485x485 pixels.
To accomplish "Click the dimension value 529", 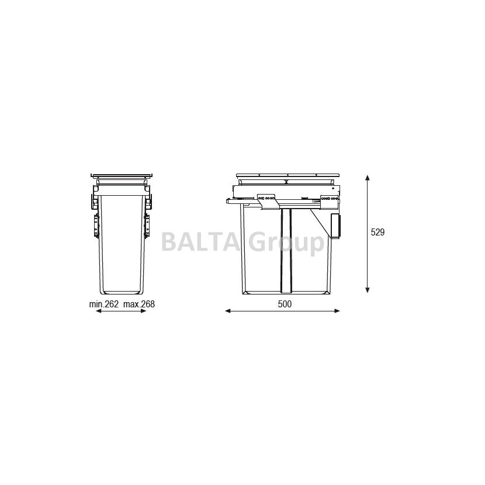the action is point(377,232).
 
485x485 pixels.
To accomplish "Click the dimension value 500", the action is point(285,304).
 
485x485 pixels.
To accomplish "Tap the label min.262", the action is point(104,304).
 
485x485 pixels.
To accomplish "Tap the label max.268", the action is point(139,304).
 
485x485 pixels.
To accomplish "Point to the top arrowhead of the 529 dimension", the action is point(367,178).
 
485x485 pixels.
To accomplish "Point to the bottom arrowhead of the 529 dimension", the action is point(367,290).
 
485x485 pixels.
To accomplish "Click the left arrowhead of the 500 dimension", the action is point(228,311).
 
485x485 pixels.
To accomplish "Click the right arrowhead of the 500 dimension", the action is point(337,311).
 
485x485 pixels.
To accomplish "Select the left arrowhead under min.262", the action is point(99,311).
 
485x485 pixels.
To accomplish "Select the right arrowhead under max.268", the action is point(143,311).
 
